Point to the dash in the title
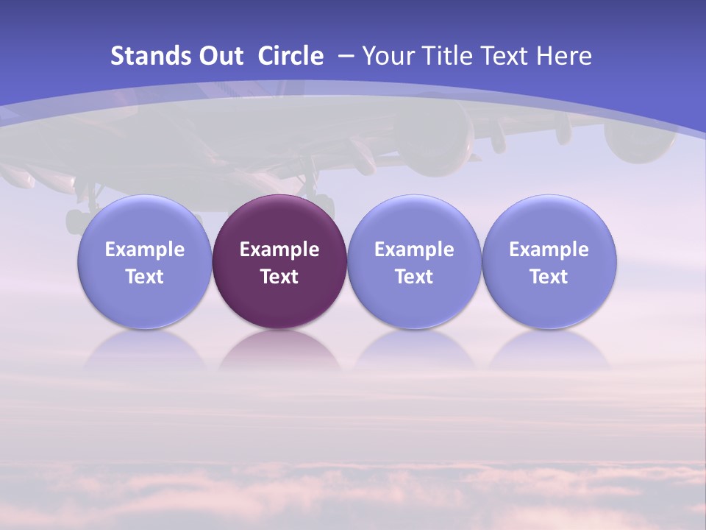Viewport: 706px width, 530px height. pyautogui.click(x=346, y=56)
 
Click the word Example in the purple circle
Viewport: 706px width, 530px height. pyautogui.click(x=279, y=250)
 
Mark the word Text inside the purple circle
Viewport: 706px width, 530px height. pyautogui.click(x=279, y=277)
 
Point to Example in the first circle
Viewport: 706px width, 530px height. pyautogui.click(x=144, y=250)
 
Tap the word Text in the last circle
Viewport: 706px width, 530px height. pyautogui.click(x=549, y=277)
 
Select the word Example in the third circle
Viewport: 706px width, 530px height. pyautogui.click(x=414, y=250)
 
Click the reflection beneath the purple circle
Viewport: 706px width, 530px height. pyautogui.click(x=279, y=351)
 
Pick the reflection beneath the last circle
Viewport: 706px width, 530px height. pyautogui.click(x=549, y=351)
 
